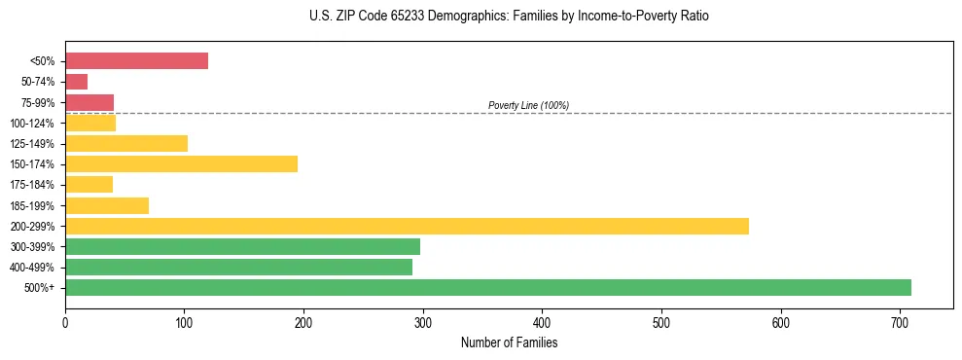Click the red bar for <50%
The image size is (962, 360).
click(x=136, y=61)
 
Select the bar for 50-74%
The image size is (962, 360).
click(x=76, y=82)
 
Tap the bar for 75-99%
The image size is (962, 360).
click(x=89, y=102)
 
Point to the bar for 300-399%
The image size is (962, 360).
click(x=242, y=246)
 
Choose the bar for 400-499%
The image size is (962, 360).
click(x=238, y=267)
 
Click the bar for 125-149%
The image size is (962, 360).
click(x=126, y=143)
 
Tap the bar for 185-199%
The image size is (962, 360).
click(x=107, y=205)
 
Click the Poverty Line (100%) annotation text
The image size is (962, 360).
click(x=528, y=105)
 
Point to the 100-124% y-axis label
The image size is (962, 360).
click(x=32, y=124)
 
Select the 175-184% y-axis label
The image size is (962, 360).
click(x=32, y=185)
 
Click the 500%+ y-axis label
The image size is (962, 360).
click(x=40, y=288)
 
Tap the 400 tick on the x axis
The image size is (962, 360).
click(x=542, y=323)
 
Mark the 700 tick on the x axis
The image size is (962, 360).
click(x=900, y=323)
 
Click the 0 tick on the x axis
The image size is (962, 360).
click(x=65, y=323)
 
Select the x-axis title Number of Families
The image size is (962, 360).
click(x=509, y=342)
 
